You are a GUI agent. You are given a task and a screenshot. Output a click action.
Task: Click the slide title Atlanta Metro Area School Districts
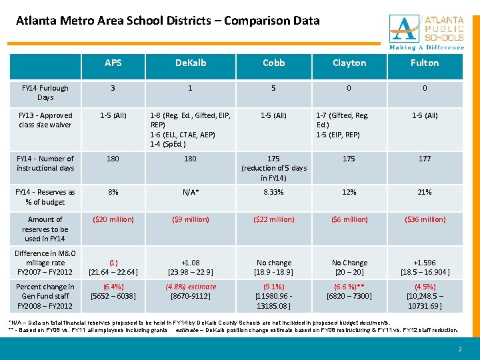pos(168,21)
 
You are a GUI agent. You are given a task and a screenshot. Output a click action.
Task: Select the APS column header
pos(113,63)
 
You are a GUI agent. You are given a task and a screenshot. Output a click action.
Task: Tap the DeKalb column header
pos(191,63)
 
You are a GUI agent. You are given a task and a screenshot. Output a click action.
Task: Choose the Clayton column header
pos(349,63)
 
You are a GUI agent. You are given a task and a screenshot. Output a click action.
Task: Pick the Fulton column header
pos(425,63)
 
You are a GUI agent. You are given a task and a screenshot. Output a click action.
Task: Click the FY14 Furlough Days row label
pos(45,93)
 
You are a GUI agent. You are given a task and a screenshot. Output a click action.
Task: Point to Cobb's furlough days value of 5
pos(274,88)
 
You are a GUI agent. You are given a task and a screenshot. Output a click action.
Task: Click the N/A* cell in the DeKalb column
pos(191,192)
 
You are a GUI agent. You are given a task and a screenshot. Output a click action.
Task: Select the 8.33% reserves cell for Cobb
pos(274,192)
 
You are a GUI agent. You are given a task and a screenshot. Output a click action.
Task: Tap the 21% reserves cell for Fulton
pos(425,192)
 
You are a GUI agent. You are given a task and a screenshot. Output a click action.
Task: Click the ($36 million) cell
pos(425,219)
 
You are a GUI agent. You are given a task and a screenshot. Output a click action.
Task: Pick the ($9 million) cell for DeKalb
pos(191,219)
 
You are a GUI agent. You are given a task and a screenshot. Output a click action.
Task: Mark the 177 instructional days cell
pos(425,159)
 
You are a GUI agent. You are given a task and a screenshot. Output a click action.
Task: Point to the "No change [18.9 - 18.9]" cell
pos(274,267)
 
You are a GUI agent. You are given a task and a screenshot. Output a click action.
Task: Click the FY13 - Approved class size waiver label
pos(45,120)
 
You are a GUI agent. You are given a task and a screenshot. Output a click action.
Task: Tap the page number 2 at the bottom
pos(460,349)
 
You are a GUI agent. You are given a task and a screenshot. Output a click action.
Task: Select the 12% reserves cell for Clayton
pos(349,192)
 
